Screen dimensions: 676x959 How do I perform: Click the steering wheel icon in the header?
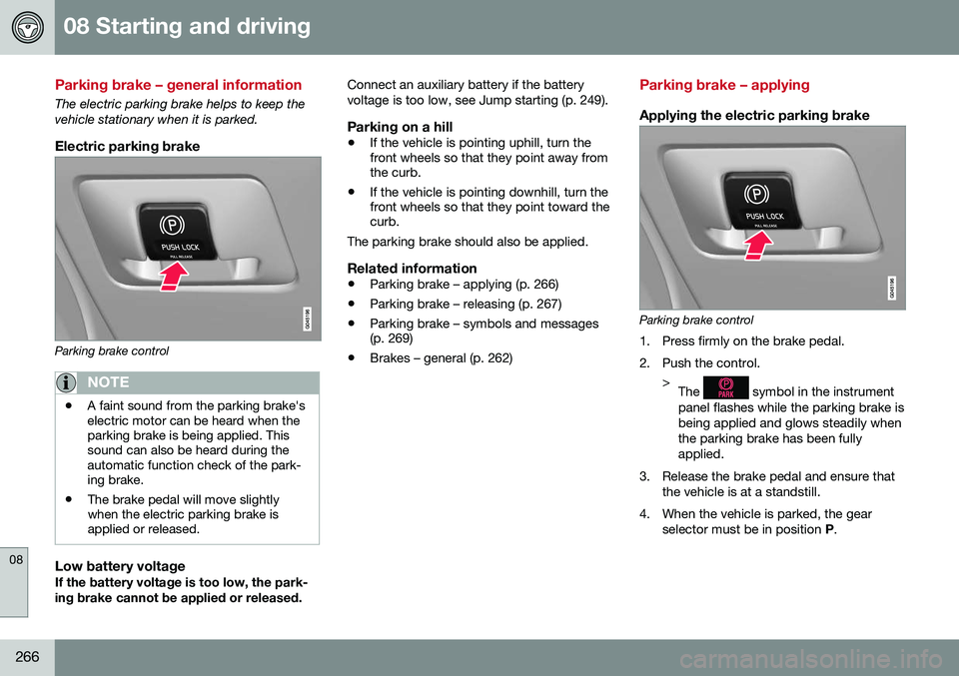pos(27,27)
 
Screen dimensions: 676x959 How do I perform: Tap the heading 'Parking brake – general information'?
pos(179,85)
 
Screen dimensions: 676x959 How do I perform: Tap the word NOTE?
pos(108,381)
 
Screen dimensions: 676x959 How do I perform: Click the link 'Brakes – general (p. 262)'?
pos(441,357)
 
